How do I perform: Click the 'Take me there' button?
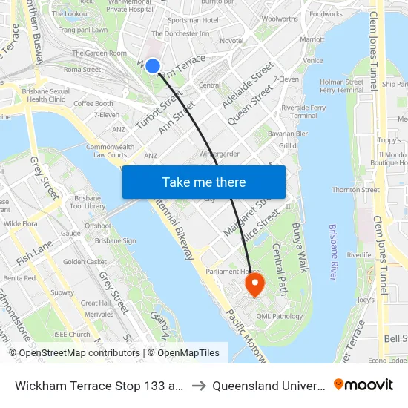point(204,182)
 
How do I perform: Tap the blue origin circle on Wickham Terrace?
point(153,66)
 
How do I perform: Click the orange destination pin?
point(254,284)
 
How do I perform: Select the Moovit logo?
point(363,385)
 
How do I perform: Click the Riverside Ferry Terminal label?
point(304,111)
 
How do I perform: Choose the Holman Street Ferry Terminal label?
point(341,85)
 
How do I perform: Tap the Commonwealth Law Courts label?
point(111,151)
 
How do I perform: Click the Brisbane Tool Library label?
point(88,203)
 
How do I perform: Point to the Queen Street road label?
point(251,105)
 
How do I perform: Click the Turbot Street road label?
point(158,111)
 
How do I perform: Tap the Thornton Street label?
point(356,190)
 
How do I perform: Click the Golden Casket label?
point(85,262)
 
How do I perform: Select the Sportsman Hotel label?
point(191,20)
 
